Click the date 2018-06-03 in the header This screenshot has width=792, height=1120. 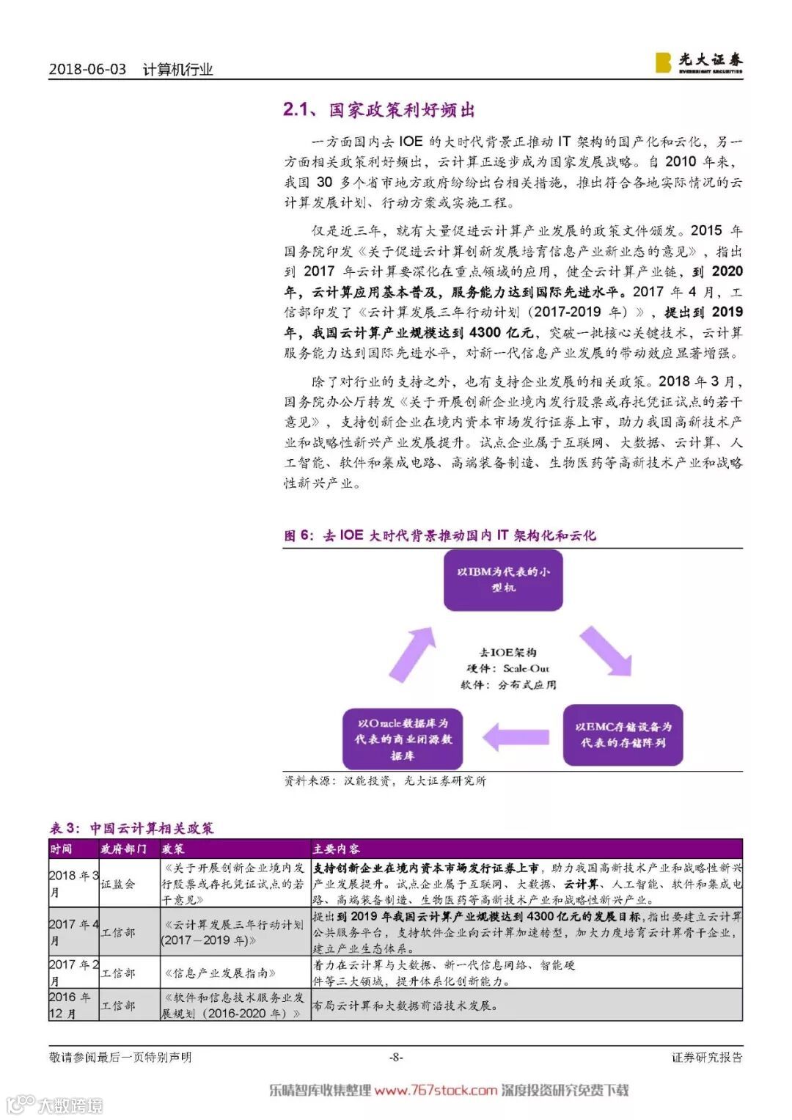[87, 70]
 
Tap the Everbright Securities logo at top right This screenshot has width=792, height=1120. [698, 62]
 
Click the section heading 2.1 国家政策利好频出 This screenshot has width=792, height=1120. [379, 110]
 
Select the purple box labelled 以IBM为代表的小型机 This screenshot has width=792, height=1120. [503, 579]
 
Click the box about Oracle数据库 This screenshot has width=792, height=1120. [403, 739]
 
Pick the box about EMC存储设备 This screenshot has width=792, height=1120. [623, 735]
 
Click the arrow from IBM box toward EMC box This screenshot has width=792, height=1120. [606, 651]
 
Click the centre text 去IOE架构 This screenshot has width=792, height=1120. [507, 652]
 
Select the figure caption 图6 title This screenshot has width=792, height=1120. [440, 535]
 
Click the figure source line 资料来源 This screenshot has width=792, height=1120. [384, 781]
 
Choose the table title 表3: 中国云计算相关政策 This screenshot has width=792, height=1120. [132, 829]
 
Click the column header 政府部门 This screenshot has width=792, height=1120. [123, 849]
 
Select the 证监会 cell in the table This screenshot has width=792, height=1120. [118, 885]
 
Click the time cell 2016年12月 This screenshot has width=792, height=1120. [73, 1005]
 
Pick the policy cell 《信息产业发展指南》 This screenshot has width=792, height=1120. [219, 973]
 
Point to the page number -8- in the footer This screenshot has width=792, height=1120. [396, 1057]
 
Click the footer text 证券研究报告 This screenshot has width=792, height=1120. [707, 1057]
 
